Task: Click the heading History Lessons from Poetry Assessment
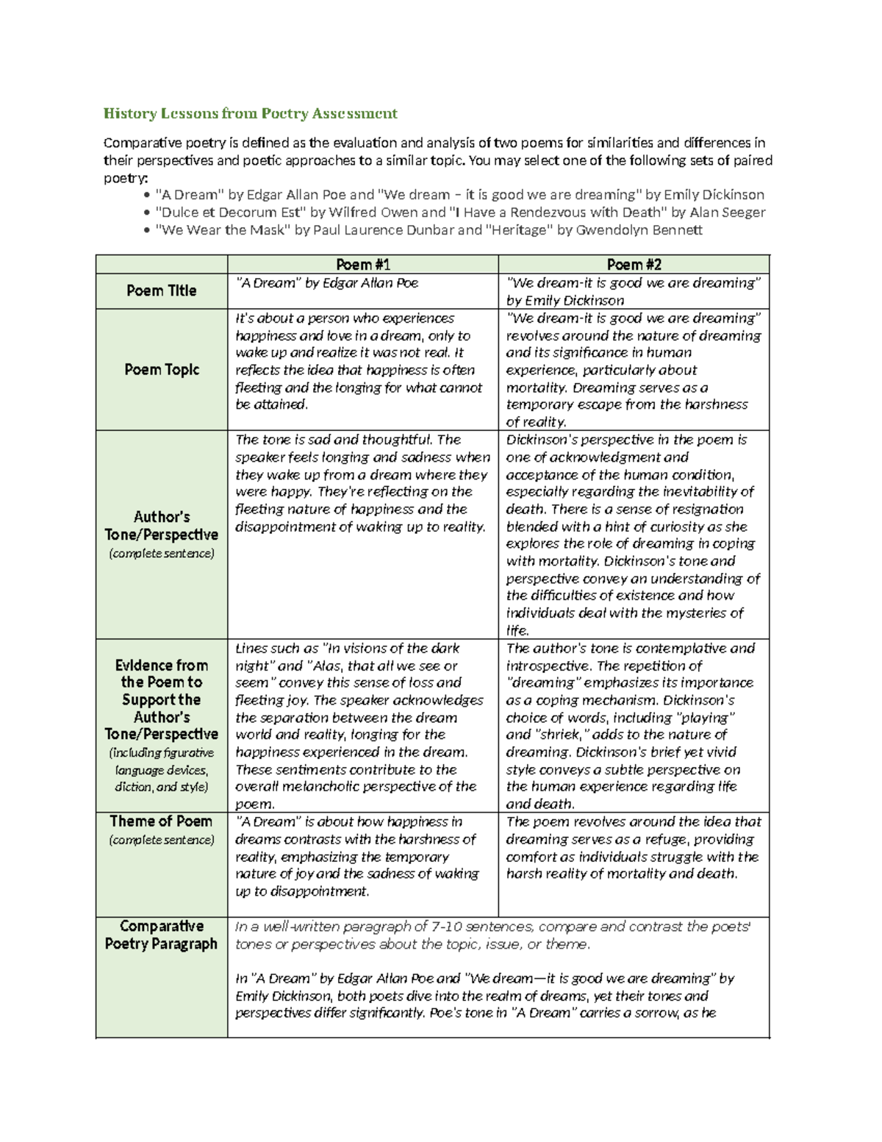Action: click(250, 113)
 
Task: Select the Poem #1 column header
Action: click(363, 265)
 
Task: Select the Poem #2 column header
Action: click(634, 265)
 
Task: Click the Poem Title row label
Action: click(161, 291)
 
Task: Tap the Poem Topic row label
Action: click(161, 370)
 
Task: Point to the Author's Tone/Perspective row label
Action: click(161, 526)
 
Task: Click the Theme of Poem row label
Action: click(161, 821)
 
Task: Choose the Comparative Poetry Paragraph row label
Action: click(161, 935)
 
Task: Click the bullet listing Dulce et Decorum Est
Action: click(459, 213)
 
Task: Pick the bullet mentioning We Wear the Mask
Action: click(429, 230)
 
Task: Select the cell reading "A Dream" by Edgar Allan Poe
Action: click(326, 283)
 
